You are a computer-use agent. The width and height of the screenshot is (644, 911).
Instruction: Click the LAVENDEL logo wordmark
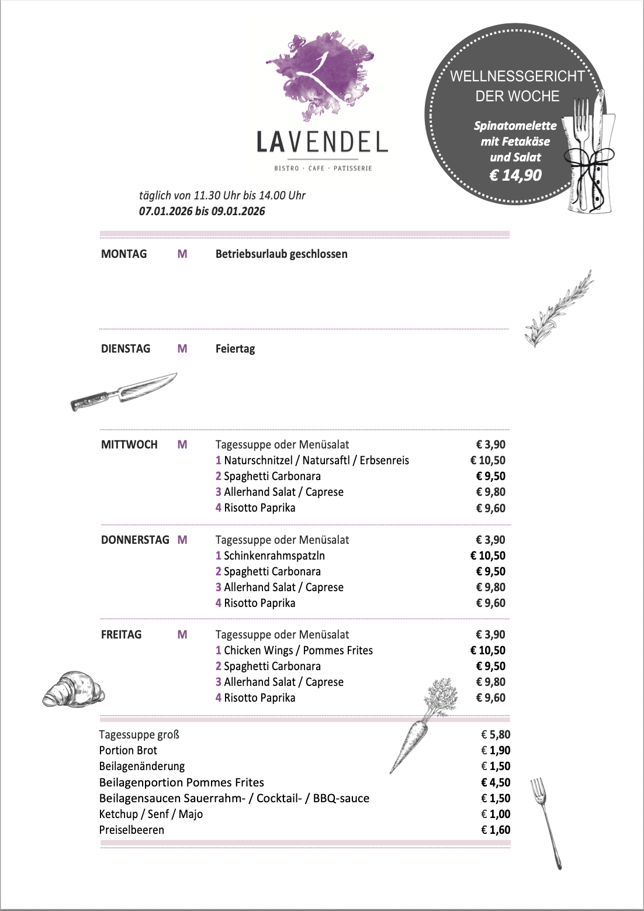pyautogui.click(x=322, y=142)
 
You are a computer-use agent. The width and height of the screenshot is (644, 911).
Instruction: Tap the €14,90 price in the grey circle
pyautogui.click(x=515, y=175)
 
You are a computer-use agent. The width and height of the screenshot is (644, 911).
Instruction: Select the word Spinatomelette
pyautogui.click(x=515, y=126)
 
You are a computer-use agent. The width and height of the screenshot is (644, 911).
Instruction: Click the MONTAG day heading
pyautogui.click(x=124, y=254)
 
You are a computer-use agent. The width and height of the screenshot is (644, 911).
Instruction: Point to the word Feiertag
pyautogui.click(x=235, y=348)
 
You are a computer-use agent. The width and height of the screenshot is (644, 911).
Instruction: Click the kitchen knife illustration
pyautogui.click(x=123, y=391)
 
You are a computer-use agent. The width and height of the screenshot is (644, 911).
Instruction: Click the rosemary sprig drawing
pyautogui.click(x=558, y=309)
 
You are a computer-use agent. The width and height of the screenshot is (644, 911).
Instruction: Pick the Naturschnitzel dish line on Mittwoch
pyautogui.click(x=312, y=460)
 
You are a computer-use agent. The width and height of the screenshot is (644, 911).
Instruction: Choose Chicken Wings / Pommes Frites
pyautogui.click(x=294, y=650)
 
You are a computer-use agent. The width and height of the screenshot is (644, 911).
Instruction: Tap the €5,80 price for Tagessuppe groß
pyautogui.click(x=496, y=734)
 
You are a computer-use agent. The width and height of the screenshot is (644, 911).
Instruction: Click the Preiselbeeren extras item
pyautogui.click(x=131, y=830)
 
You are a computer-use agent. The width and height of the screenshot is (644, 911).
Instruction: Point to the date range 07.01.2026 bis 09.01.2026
pyautogui.click(x=202, y=211)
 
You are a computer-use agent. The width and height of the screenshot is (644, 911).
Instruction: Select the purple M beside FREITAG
pyautogui.click(x=182, y=634)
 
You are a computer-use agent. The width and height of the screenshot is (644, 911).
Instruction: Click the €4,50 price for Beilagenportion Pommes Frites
pyautogui.click(x=496, y=782)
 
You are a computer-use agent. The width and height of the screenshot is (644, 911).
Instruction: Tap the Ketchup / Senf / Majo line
pyautogui.click(x=151, y=814)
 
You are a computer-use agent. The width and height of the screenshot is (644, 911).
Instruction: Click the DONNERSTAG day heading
pyautogui.click(x=135, y=540)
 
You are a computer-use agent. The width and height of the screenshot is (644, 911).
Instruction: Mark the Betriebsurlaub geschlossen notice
pyautogui.click(x=281, y=254)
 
